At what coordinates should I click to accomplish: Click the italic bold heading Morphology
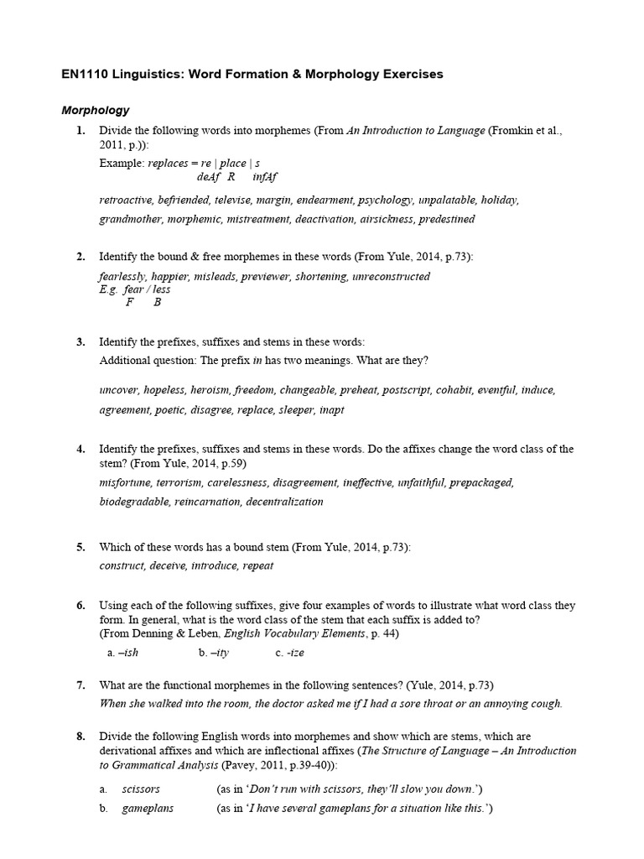click(96, 110)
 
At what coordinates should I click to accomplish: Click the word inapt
click(330, 409)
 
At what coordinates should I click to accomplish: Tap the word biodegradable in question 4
click(134, 502)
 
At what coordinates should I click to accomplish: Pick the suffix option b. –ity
click(214, 652)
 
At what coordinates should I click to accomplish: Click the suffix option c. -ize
click(292, 652)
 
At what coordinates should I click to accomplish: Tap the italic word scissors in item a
click(141, 789)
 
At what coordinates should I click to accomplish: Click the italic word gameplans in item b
click(148, 809)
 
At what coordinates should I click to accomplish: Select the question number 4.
click(80, 449)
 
